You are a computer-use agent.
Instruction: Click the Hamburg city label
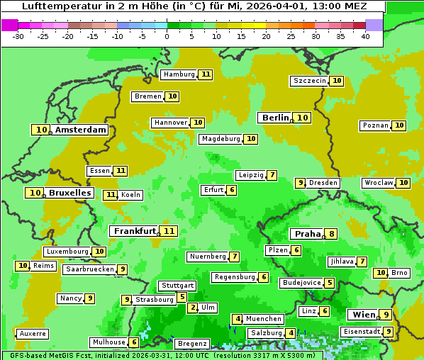[x=179, y=74]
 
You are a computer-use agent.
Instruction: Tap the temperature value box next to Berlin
[x=303, y=118]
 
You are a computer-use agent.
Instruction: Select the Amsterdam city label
[x=81, y=130]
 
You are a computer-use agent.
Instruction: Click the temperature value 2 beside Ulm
[x=193, y=308]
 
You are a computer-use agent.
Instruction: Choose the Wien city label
[x=362, y=315]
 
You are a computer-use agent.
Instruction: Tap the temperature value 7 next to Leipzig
[x=272, y=175]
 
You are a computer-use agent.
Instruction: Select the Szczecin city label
[x=310, y=81]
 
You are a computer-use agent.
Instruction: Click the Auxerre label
[x=33, y=333]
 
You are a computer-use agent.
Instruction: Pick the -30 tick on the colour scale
[x=18, y=36]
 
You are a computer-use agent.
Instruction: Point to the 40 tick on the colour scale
[x=365, y=36]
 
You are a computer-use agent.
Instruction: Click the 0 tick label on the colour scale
[x=167, y=36]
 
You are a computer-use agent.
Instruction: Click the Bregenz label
[x=191, y=344]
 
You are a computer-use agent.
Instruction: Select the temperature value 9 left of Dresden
[x=300, y=183]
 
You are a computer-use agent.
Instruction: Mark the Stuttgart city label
[x=177, y=286]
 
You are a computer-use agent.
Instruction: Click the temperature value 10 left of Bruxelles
[x=35, y=193]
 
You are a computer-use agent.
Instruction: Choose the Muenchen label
[x=264, y=319]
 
